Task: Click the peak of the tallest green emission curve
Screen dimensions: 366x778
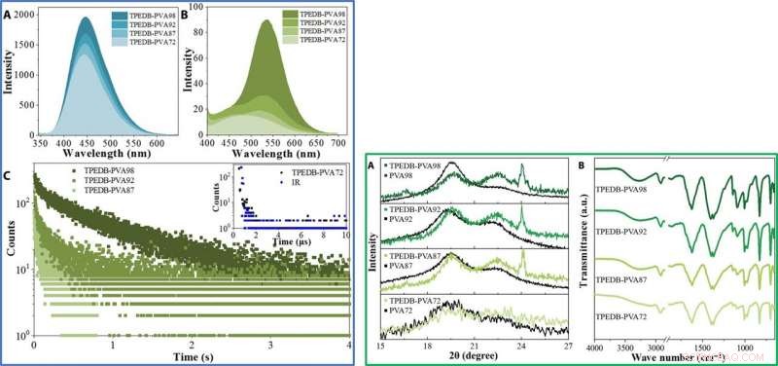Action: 265,21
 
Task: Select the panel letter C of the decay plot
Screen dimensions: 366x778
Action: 9,175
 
